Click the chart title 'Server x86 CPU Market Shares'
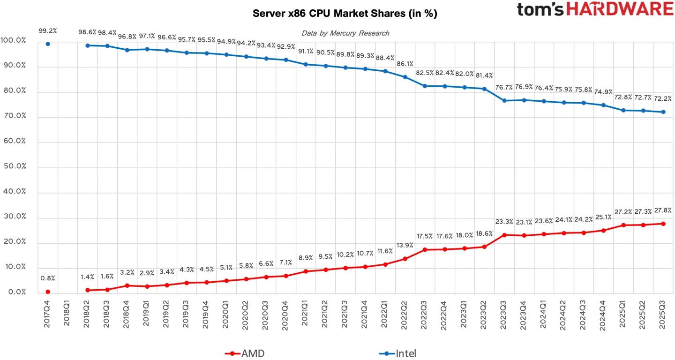tap(345, 14)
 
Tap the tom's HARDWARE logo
tap(595, 9)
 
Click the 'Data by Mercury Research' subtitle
tap(345, 33)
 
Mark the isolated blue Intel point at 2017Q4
tap(48, 44)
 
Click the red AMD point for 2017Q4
tap(48, 292)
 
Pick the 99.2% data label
tap(48, 31)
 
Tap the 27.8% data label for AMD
tap(663, 210)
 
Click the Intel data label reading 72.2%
tap(663, 99)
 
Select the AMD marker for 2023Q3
tap(504, 235)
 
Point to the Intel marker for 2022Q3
tap(425, 86)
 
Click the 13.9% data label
tap(405, 246)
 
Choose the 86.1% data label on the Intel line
tap(405, 64)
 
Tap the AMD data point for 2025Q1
tap(623, 225)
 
